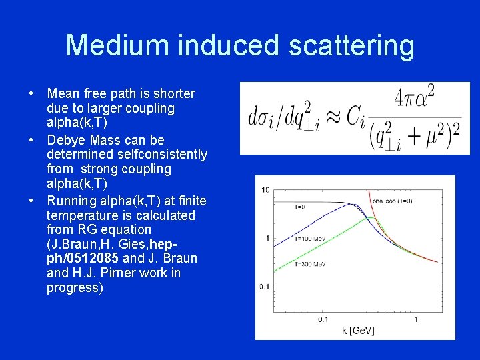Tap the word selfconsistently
(127, 155)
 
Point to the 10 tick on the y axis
(265, 191)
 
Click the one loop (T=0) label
(391, 200)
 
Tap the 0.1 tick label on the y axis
(265, 287)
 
